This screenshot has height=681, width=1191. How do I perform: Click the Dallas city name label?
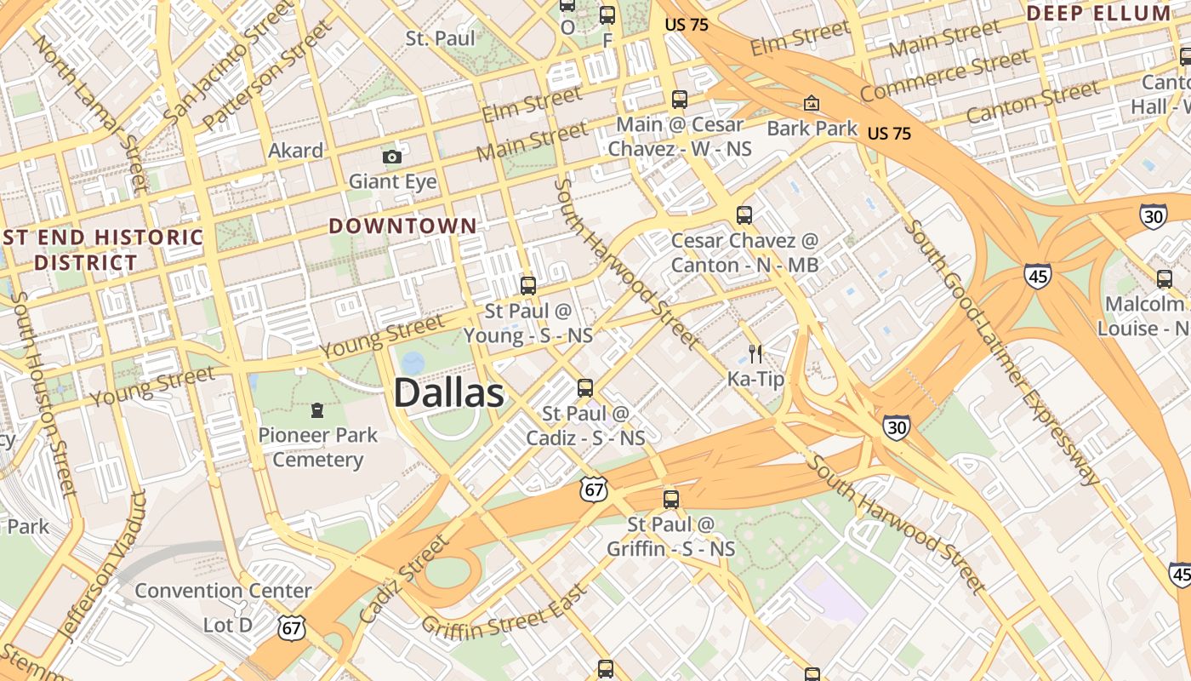pos(448,393)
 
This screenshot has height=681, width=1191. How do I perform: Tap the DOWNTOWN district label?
pos(402,226)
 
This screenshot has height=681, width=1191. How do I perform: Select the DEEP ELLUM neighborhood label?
pos(1098,13)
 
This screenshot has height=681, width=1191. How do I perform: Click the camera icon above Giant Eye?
pos(392,157)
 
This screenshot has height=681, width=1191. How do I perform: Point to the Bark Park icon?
pos(812,104)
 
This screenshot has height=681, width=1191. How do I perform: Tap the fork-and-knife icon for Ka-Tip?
pos(755,353)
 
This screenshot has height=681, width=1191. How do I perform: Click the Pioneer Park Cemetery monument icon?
pos(317,410)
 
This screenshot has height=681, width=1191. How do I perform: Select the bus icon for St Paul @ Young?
pos(528,286)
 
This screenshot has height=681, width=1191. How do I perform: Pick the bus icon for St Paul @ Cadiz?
pos(585,388)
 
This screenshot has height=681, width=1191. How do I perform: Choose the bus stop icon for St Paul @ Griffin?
pos(671,499)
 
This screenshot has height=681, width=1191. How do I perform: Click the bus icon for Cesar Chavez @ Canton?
pos(744,215)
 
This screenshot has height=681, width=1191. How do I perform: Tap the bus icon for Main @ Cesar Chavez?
pos(679,100)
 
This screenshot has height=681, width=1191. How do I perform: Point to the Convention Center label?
pos(223,590)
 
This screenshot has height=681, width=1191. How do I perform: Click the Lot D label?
pos(228,625)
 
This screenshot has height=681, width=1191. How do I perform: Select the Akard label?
pos(296,151)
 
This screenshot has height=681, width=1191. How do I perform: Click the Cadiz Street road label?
pos(403,579)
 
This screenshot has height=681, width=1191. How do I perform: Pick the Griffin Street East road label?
pos(504,610)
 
